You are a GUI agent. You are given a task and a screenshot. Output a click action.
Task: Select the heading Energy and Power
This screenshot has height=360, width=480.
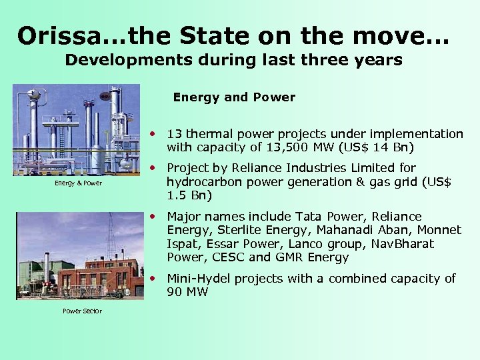pyautogui.click(x=234, y=97)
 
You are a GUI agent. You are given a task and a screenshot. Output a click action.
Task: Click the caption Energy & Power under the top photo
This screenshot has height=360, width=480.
pyautogui.click(x=78, y=183)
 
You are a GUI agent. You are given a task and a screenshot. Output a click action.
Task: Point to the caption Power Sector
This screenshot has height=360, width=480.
pyautogui.click(x=82, y=311)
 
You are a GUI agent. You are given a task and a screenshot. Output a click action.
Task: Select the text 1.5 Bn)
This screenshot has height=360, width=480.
pyautogui.click(x=189, y=195)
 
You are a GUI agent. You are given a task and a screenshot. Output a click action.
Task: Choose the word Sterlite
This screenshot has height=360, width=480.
pyautogui.click(x=234, y=230)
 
